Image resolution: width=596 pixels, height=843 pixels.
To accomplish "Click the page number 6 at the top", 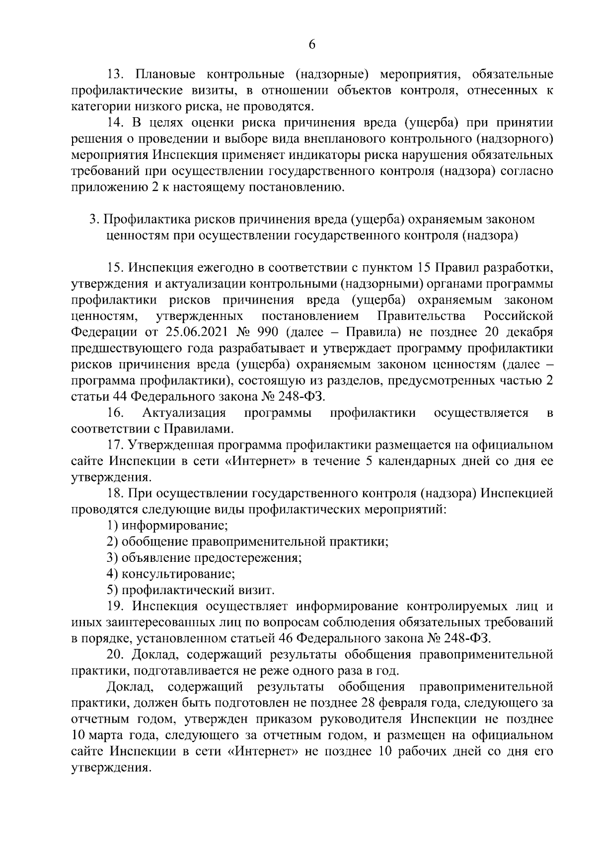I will click(x=312, y=44).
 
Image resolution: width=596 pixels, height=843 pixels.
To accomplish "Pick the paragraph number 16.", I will click(x=116, y=413).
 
